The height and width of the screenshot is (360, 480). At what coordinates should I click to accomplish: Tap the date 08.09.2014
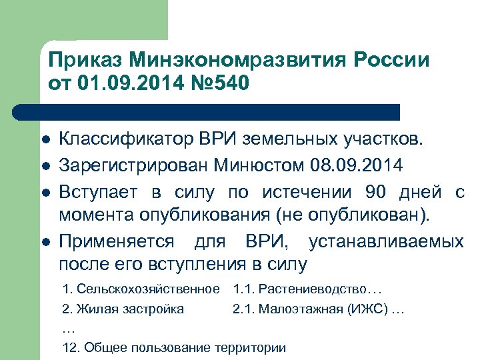(x=363, y=163)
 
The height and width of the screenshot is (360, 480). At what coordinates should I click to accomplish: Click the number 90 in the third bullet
(x=377, y=192)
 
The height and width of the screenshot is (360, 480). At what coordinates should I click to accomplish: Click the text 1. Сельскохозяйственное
(x=140, y=289)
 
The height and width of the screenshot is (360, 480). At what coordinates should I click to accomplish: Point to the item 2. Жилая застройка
(x=123, y=309)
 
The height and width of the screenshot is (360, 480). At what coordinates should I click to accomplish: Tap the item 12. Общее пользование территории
(x=173, y=348)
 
